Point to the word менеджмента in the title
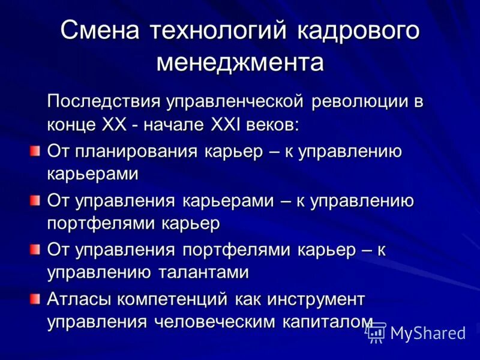point(240,62)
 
